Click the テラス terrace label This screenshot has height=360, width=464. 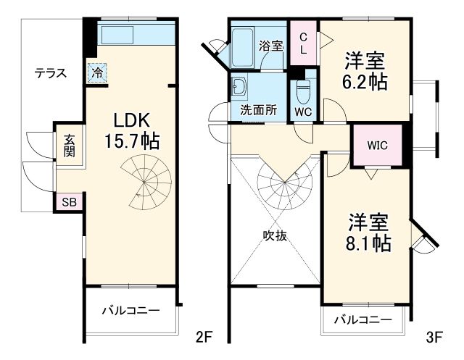[x=51, y=73]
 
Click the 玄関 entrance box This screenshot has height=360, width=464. [x=70, y=146]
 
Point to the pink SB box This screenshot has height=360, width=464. [x=69, y=202]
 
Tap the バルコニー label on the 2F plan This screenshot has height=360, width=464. [x=130, y=310]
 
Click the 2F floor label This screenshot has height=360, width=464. [x=204, y=337]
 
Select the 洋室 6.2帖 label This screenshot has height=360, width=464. [x=364, y=71]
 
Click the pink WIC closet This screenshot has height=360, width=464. [x=376, y=145]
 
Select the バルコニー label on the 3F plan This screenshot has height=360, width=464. [x=362, y=319]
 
